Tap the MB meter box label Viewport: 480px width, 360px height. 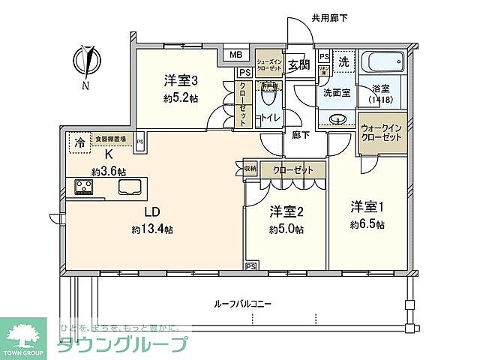(235, 55)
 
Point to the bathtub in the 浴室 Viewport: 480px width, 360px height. (382, 61)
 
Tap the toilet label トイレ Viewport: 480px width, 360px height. (269, 118)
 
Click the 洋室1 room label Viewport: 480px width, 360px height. (367, 205)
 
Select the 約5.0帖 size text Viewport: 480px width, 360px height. (286, 229)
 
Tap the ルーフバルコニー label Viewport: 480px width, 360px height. (242, 304)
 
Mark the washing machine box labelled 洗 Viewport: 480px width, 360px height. (343, 61)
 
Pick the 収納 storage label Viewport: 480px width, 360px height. (250, 169)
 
